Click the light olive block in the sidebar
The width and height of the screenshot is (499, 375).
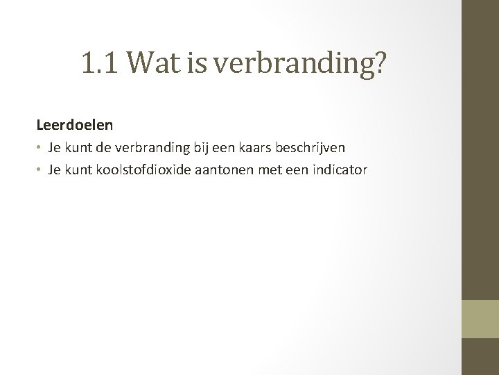click(480, 318)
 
